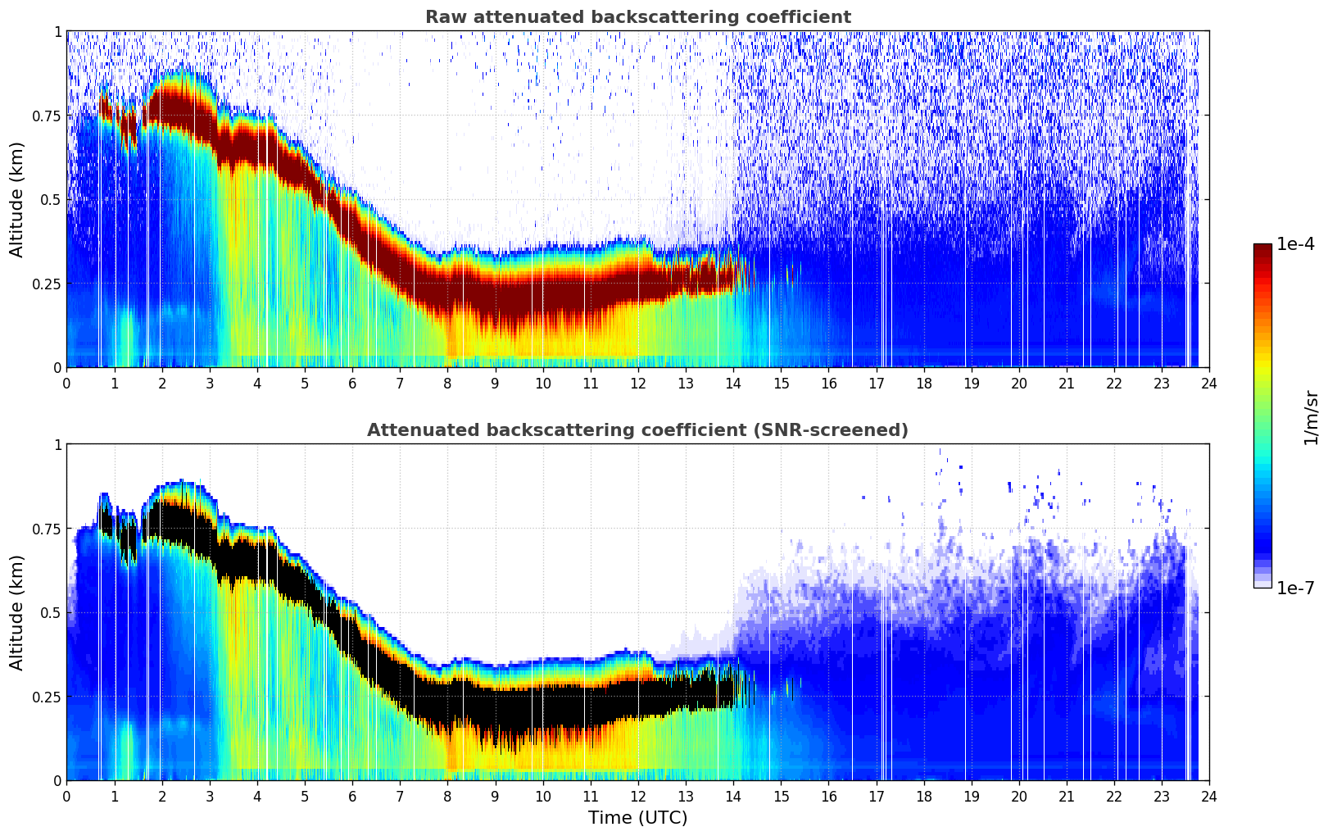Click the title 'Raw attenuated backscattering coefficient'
coord(637,17)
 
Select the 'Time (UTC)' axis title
coord(637,818)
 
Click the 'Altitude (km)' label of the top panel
coord(17,199)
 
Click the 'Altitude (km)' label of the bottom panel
coord(17,612)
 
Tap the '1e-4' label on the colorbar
coord(1295,244)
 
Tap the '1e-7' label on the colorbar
coord(1295,588)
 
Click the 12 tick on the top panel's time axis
coord(638,383)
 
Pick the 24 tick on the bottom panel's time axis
coord(1209,796)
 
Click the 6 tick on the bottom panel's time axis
coord(352,796)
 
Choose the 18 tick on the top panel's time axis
coord(924,383)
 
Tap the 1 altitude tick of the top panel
coord(57,31)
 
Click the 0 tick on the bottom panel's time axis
coord(67,796)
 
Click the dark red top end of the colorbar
coord(1262,248)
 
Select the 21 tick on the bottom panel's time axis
coord(1067,796)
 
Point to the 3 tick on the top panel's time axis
coord(210,383)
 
